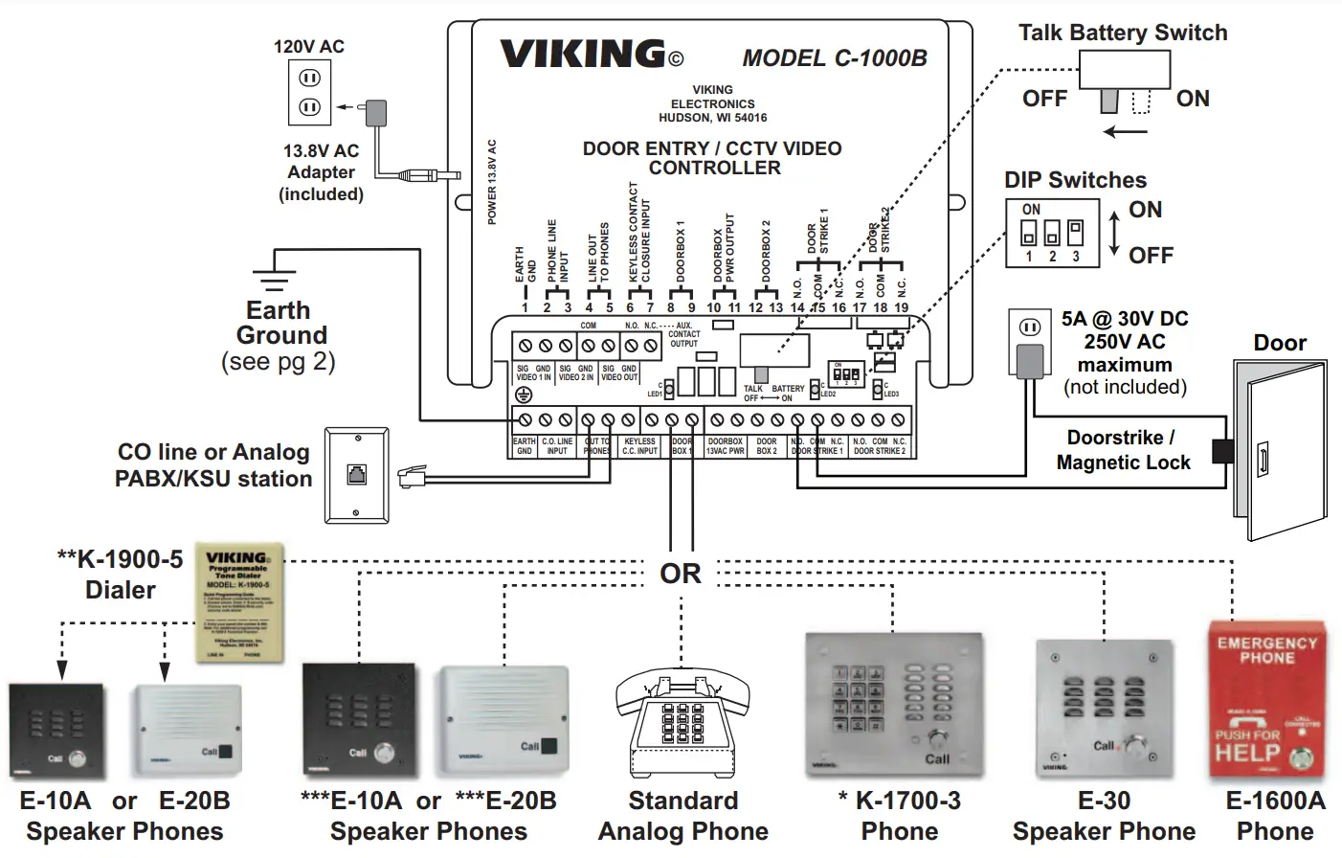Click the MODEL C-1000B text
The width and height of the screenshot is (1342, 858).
[834, 58]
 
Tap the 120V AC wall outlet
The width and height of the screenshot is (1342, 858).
[309, 93]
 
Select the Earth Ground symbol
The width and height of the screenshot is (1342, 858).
[274, 275]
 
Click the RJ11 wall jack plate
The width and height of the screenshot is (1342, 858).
[356, 475]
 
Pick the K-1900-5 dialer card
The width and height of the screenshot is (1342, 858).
[239, 602]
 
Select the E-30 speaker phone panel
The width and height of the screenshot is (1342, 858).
[1104, 708]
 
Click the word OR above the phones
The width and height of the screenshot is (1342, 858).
[681, 574]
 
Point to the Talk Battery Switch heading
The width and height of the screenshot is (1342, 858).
[1122, 33]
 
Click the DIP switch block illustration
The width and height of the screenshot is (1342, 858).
[1052, 233]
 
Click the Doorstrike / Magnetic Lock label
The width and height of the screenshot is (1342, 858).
[1123, 450]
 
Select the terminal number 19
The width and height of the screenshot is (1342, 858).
[901, 308]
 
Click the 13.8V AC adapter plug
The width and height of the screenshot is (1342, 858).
[376, 113]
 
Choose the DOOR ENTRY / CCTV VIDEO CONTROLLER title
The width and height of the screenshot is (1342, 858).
[713, 158]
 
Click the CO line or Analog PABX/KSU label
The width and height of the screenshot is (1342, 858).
[213, 465]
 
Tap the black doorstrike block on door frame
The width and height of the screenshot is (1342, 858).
[1222, 451]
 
